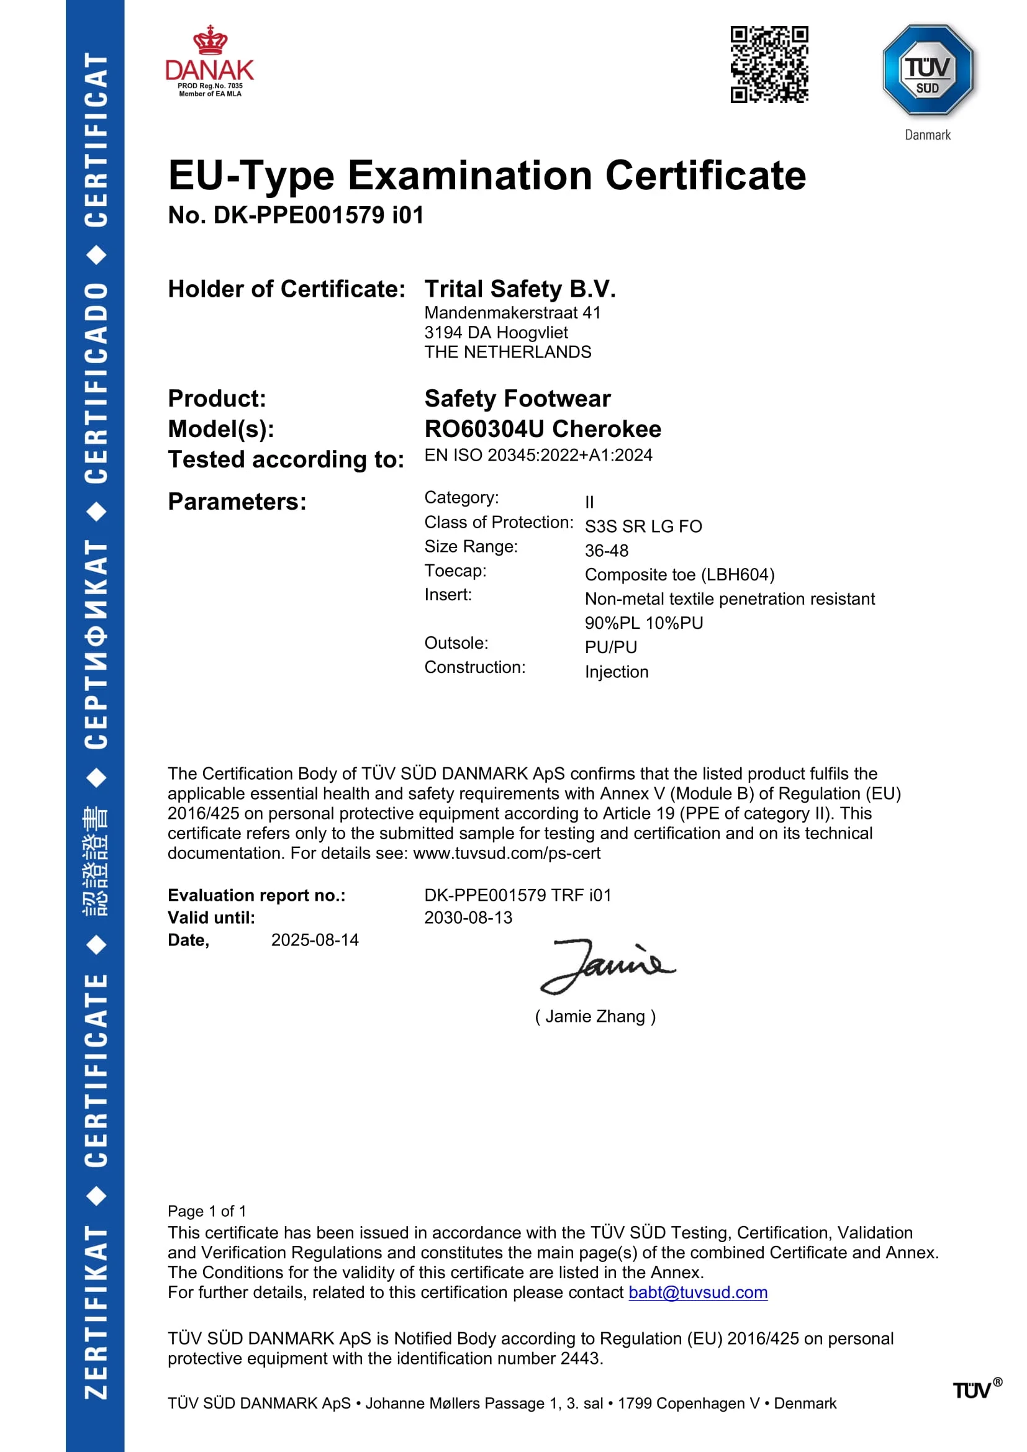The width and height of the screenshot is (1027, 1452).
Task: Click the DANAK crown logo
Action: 209,61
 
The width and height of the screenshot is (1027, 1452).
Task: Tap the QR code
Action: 769,64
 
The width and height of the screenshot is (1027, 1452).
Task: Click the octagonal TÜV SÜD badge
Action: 927,70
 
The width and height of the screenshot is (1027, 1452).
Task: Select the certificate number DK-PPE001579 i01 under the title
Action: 296,215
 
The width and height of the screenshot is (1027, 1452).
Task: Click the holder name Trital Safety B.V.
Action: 520,289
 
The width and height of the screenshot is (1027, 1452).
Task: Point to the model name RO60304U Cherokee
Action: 543,429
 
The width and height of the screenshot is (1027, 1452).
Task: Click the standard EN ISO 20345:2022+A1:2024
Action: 538,455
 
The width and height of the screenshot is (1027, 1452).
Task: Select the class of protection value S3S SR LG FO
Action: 643,526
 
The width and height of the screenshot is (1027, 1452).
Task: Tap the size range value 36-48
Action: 607,551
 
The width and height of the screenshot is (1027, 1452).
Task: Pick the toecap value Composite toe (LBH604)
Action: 679,575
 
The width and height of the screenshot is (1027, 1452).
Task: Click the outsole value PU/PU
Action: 611,647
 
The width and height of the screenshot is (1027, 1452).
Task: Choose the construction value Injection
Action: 617,672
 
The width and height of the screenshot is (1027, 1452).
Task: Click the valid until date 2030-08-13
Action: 468,918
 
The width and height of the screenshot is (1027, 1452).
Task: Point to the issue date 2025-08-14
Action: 315,940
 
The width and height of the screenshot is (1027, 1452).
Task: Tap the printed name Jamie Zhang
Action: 595,1016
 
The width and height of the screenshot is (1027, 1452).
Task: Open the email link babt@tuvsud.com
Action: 697,1292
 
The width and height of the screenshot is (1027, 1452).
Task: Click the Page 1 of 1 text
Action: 207,1211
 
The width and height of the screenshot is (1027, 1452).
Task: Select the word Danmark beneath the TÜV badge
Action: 927,135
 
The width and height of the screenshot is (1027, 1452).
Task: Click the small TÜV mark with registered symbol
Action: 976,1390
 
